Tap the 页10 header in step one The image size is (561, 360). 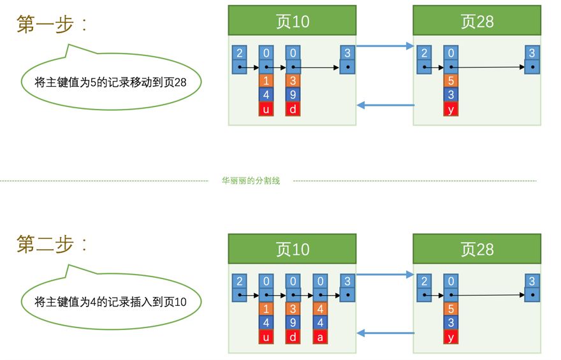pos(292,21)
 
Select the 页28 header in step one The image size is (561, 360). pos(477,21)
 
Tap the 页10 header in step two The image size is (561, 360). pos(292,248)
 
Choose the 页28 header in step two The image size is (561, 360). pos(477,248)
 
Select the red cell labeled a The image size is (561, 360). pos(320,337)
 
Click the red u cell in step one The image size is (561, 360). pos(266,109)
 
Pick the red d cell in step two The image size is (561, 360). pos(293,337)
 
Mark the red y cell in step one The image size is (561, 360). pos(451,109)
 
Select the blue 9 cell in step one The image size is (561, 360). pos(293,95)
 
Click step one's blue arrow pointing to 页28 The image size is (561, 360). pos(384,46)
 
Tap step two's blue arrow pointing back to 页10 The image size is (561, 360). pos(384,333)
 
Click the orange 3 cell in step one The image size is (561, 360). pos(293,81)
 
